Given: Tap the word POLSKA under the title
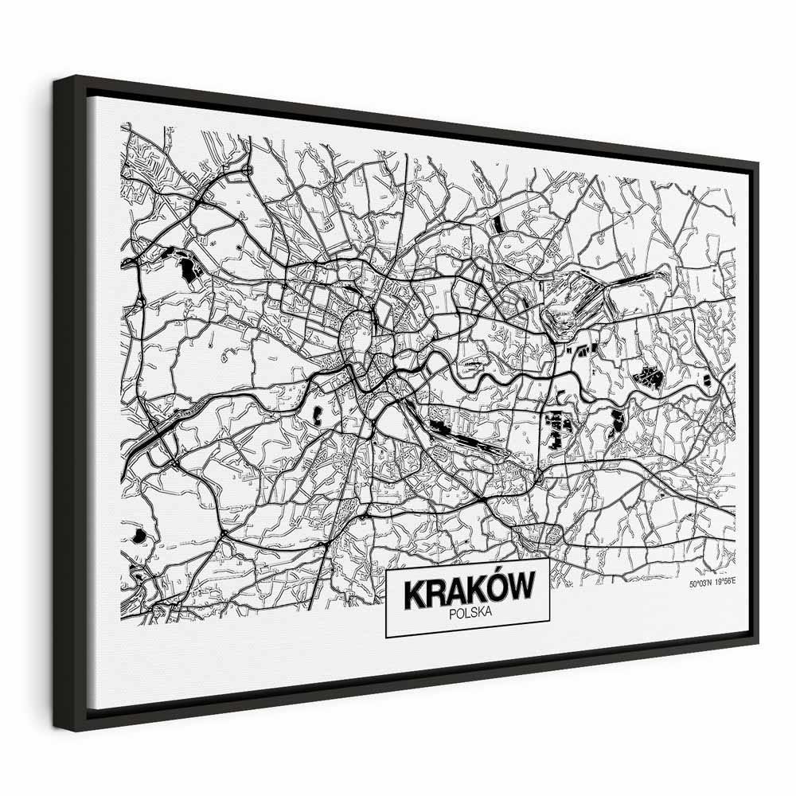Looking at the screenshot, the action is click(470, 612).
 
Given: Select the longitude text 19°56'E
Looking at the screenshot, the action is click(724, 583).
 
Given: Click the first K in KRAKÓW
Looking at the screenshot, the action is click(414, 594).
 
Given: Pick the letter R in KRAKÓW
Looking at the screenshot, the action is click(435, 593).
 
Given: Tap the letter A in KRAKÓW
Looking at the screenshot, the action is click(455, 591).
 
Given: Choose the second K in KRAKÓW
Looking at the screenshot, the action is click(475, 591).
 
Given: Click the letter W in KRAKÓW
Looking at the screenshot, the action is click(521, 588).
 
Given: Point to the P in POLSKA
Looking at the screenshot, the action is click(452, 613).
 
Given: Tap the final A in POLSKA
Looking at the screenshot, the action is click(489, 611).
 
